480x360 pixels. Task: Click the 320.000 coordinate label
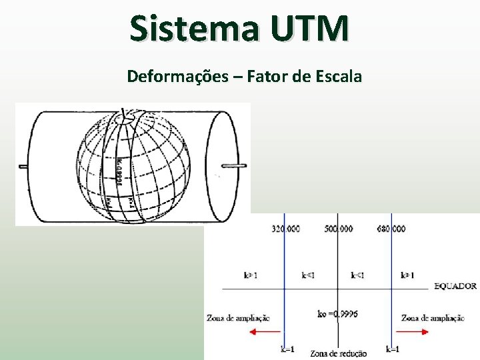[x=285, y=229]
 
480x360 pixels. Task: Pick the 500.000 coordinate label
[x=339, y=229]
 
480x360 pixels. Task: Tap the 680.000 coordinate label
[x=391, y=229]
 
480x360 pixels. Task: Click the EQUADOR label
[x=455, y=286]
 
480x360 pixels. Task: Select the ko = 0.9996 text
[x=337, y=313]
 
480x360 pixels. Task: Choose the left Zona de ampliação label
[x=238, y=318]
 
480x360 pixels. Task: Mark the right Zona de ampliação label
[x=433, y=318]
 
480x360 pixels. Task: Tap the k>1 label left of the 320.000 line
[x=251, y=275]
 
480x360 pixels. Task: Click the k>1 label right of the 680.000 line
[x=407, y=275]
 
